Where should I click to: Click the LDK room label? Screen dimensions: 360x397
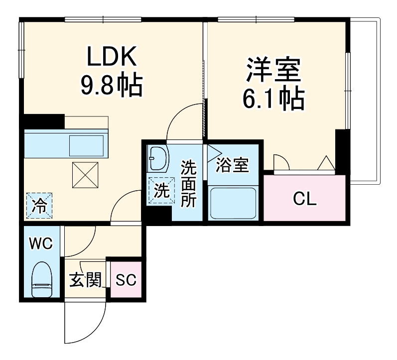tap(112, 58)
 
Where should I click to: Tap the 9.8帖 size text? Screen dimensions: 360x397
tap(112, 86)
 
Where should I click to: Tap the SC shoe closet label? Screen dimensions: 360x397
tap(126, 280)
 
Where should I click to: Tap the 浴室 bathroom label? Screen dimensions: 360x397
tap(233, 165)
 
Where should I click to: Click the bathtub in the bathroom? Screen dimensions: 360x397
tap(233, 203)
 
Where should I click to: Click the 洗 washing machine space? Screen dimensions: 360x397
tap(160, 191)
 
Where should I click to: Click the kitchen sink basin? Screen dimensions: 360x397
tap(87, 145)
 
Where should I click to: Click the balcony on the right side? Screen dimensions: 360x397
tap(365, 100)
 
